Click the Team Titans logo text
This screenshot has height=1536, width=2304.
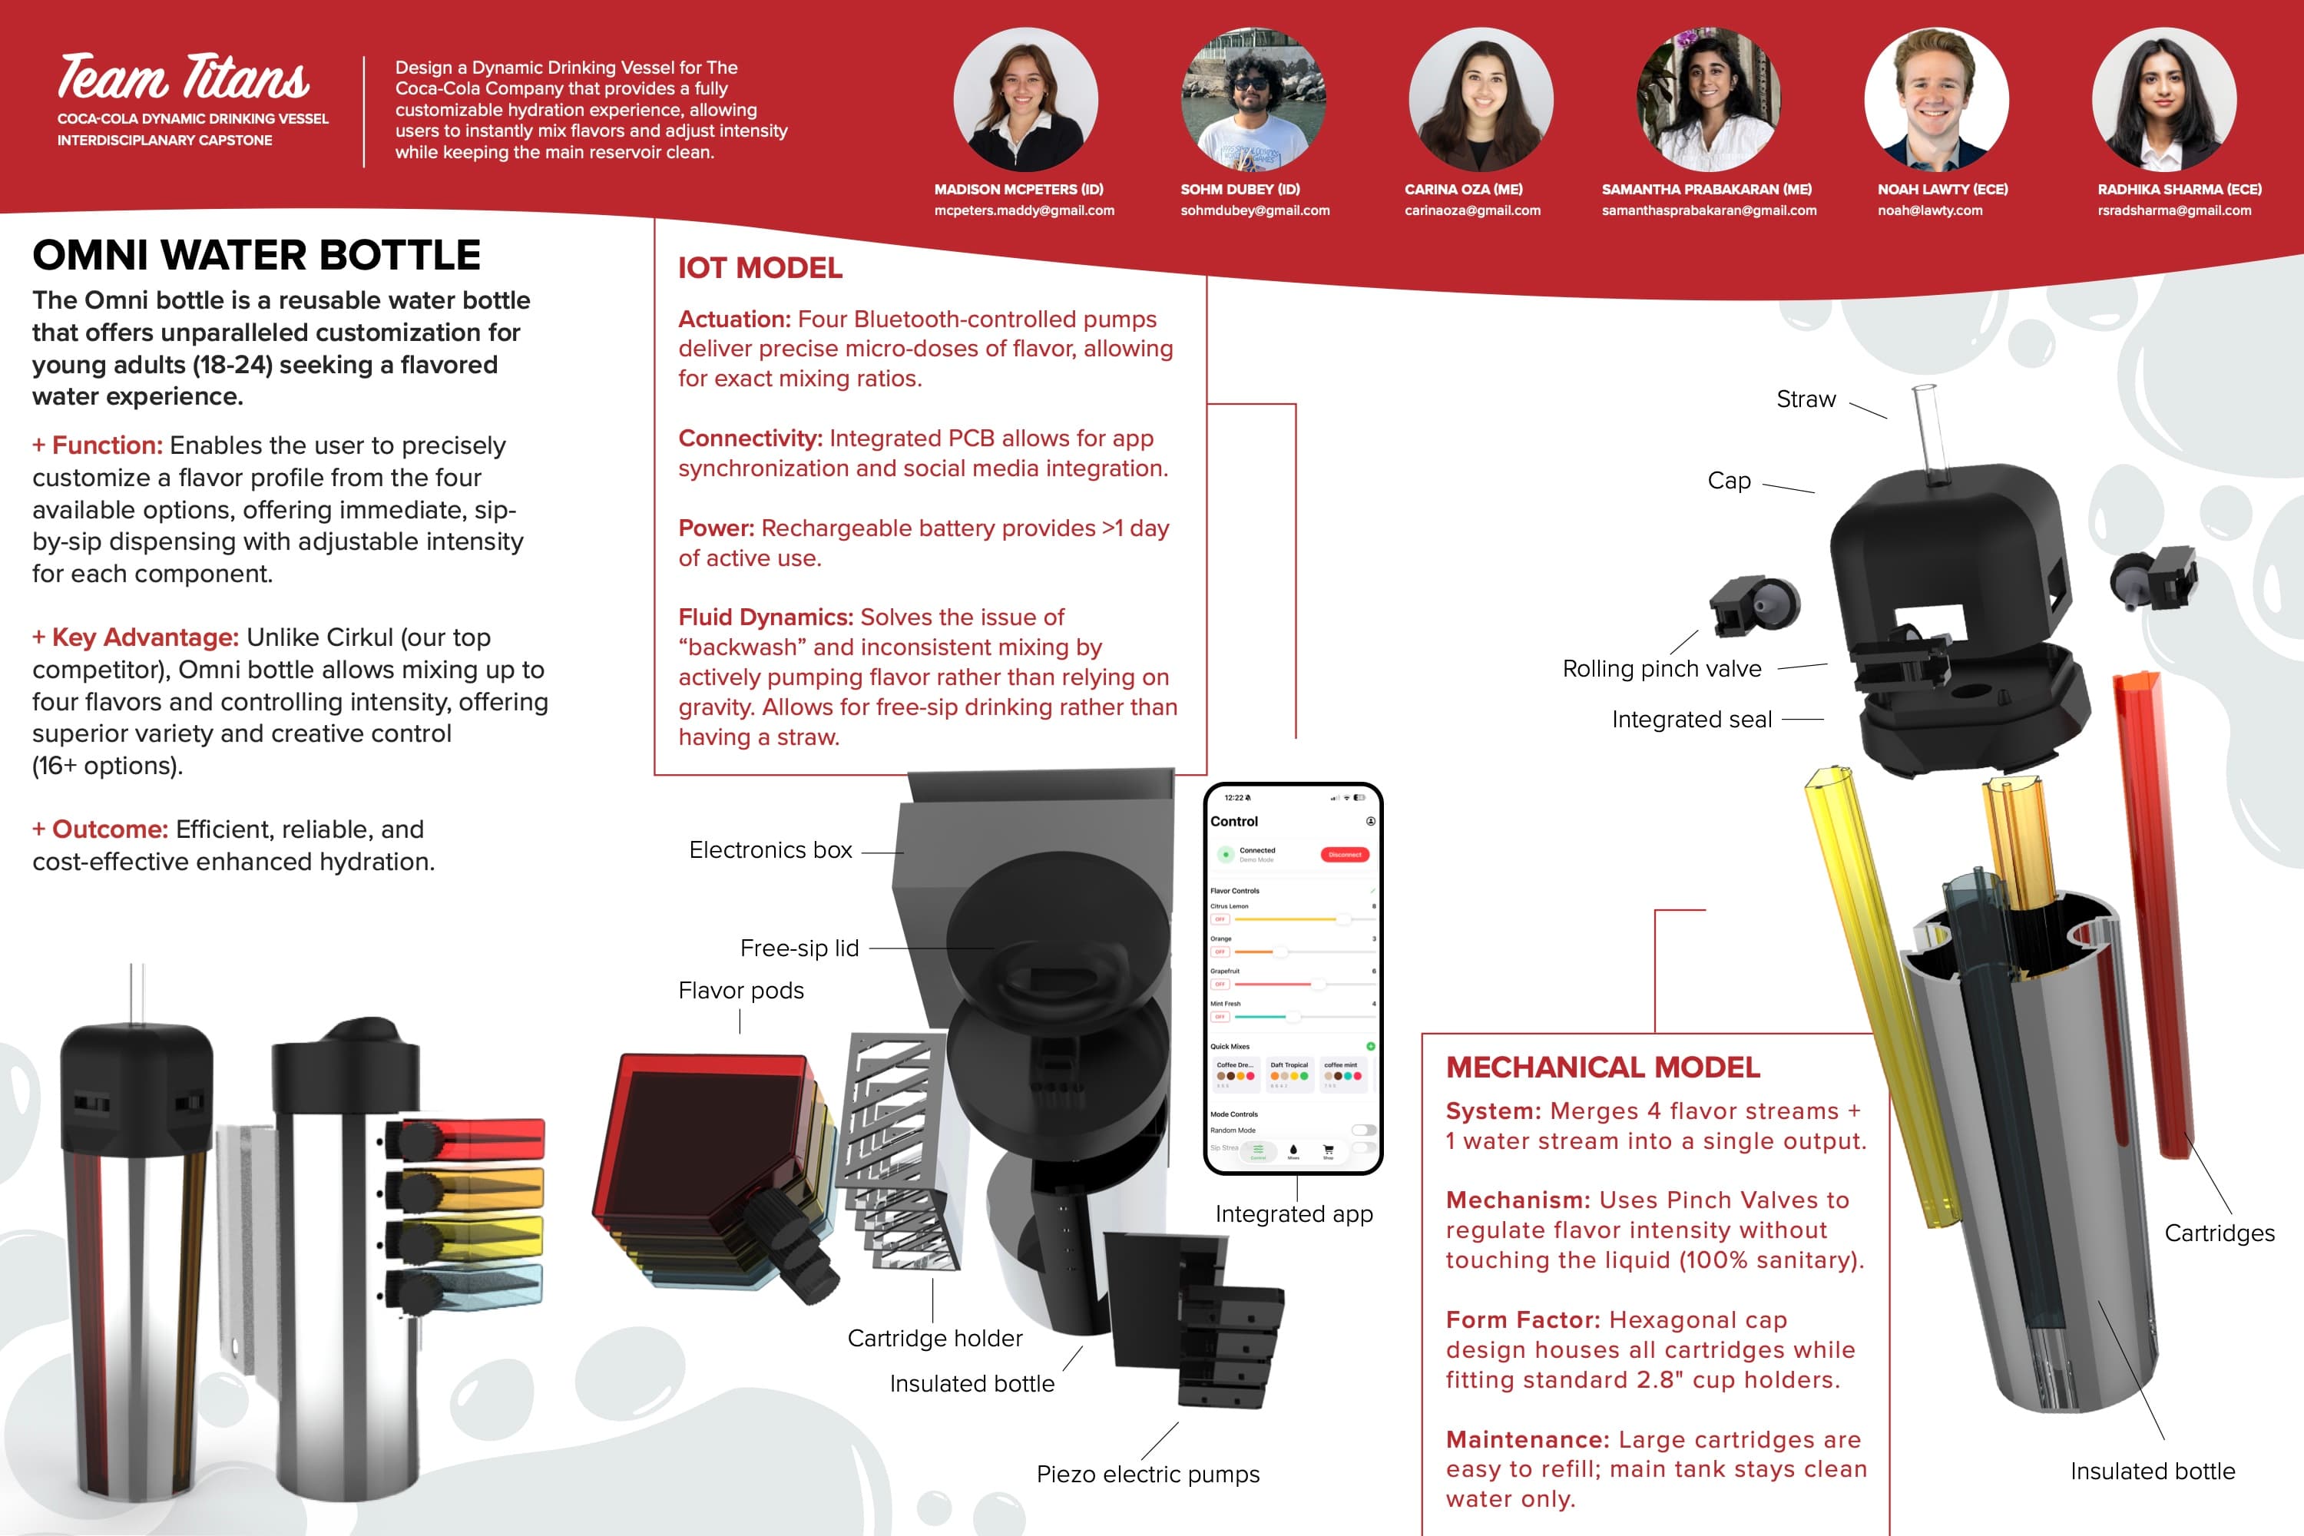click(x=184, y=78)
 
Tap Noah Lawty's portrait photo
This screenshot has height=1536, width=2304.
click(x=1935, y=100)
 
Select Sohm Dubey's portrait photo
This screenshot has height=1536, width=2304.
click(x=1253, y=100)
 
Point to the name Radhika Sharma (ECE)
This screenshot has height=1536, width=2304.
click(x=2179, y=189)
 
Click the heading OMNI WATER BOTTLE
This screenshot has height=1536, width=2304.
click(x=257, y=256)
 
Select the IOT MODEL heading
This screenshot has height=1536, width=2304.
click(x=760, y=268)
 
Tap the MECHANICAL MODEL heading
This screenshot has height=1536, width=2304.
click(x=1603, y=1068)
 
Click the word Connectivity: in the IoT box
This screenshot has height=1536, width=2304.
click(x=750, y=439)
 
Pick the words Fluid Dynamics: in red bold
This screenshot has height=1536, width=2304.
click(x=766, y=617)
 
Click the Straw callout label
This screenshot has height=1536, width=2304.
click(x=1806, y=399)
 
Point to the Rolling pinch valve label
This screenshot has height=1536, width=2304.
click(x=1661, y=669)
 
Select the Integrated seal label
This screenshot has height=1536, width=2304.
click(x=1692, y=720)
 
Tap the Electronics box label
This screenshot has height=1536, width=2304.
click(x=770, y=850)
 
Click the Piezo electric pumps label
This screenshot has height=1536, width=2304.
click(x=1148, y=1475)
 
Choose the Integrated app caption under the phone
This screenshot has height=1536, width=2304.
click(x=1293, y=1215)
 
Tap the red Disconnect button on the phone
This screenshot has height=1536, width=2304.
click(x=1344, y=854)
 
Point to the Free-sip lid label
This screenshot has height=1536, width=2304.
click(x=799, y=948)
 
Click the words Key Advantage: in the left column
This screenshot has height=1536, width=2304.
click(x=145, y=637)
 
